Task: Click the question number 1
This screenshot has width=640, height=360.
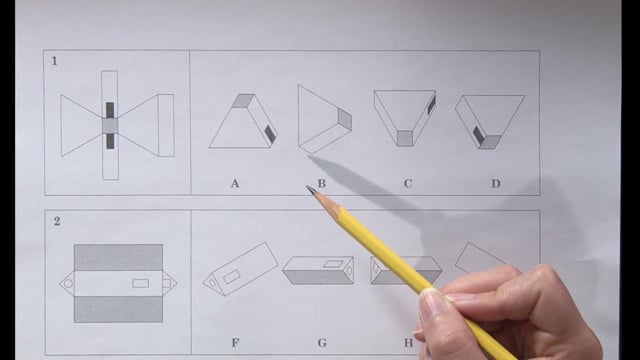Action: pyautogui.click(x=54, y=61)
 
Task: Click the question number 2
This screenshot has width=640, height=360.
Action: pyautogui.click(x=57, y=221)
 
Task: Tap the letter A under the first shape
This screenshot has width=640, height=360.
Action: pyautogui.click(x=235, y=184)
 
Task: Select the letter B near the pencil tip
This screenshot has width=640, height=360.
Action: pyautogui.click(x=322, y=184)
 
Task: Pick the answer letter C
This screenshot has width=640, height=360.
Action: pyautogui.click(x=408, y=184)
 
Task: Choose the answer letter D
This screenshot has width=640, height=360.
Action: pyautogui.click(x=496, y=184)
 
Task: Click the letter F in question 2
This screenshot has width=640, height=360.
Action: pyautogui.click(x=236, y=342)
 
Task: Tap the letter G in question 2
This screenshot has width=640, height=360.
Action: pyautogui.click(x=322, y=342)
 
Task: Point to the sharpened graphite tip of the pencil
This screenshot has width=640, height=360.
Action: pyautogui.click(x=310, y=189)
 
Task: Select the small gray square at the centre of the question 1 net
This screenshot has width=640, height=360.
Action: pyautogui.click(x=110, y=126)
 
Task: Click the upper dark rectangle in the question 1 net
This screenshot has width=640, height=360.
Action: pyautogui.click(x=110, y=110)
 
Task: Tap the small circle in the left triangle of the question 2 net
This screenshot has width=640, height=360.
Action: pyautogui.click(x=68, y=283)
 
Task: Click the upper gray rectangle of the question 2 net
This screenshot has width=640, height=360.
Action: pyautogui.click(x=118, y=258)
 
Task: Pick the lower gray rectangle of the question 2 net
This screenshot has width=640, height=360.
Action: pyautogui.click(x=118, y=309)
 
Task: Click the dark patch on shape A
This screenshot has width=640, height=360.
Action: pyautogui.click(x=270, y=133)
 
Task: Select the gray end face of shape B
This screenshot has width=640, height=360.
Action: pyautogui.click(x=344, y=119)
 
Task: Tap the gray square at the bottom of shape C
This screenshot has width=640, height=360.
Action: pyautogui.click(x=404, y=138)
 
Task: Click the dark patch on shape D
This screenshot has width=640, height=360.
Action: pyautogui.click(x=478, y=135)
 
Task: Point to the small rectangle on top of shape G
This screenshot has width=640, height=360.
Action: pyautogui.click(x=333, y=263)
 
